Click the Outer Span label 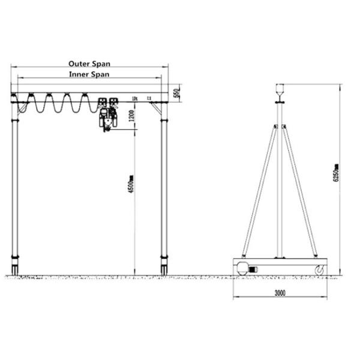point(89,63)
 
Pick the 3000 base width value point(280,293)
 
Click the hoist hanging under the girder point(106,118)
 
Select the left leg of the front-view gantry point(15,186)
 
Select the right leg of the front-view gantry point(163,186)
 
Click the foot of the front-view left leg point(15,267)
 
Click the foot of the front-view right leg point(163,267)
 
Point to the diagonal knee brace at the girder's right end point(157,108)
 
